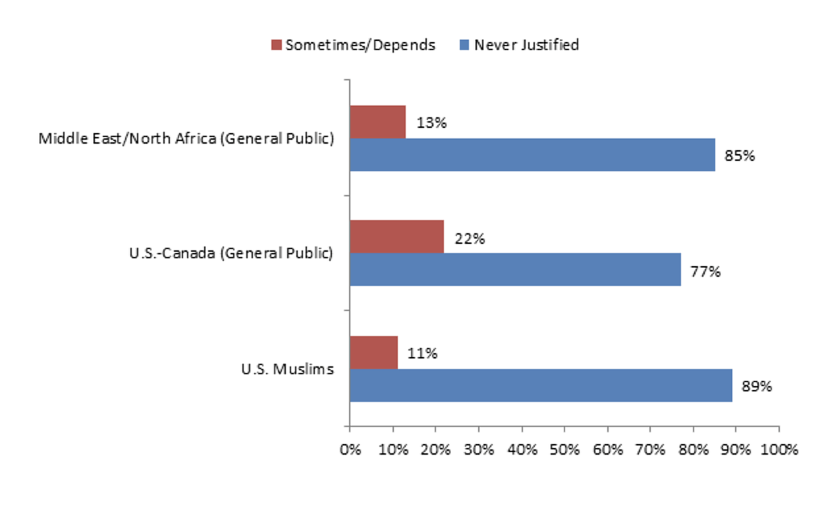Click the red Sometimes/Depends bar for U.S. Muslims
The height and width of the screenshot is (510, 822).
coord(373,353)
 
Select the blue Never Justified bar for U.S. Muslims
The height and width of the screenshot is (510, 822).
coord(540,385)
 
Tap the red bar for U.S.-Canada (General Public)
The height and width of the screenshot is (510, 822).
coord(397,237)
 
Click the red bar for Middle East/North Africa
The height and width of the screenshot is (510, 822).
coord(377,122)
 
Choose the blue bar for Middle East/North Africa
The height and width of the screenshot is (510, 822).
coord(532,155)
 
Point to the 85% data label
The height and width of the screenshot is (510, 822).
coord(740,157)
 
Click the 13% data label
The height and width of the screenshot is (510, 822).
coord(431,123)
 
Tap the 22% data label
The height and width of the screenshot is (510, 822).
coord(470,239)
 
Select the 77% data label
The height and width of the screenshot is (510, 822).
coord(705,271)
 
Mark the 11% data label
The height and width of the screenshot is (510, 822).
coord(422,354)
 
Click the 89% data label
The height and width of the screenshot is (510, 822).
coord(757,387)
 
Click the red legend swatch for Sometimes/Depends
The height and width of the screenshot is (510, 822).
coord(276,45)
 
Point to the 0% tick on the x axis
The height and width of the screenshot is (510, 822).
coord(350,450)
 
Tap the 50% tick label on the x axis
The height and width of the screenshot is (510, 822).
coord(564,450)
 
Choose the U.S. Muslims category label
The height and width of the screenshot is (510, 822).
coord(287,369)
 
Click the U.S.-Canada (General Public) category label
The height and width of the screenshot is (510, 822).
coord(231,254)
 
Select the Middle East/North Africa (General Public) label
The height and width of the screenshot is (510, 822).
coord(186,139)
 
